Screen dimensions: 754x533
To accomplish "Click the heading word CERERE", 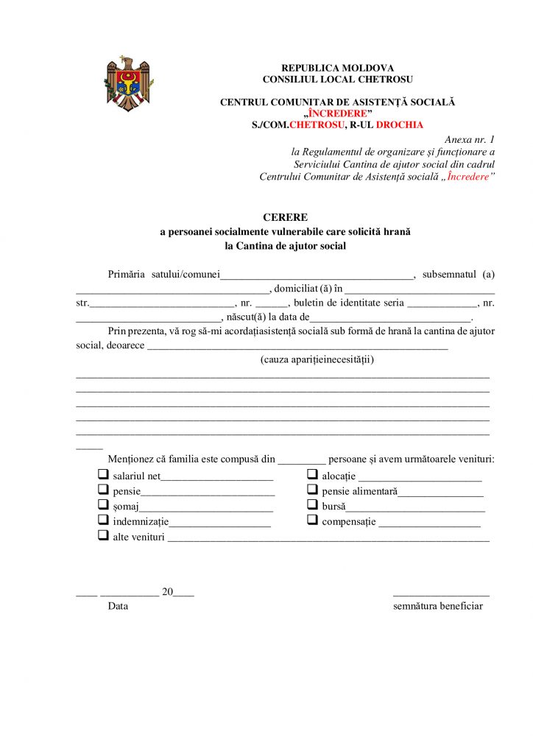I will click(x=285, y=217).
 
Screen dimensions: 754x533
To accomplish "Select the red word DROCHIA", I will click(x=399, y=125).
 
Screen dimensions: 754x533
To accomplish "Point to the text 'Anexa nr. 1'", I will click(x=470, y=139).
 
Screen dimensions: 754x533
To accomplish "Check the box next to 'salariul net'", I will click(x=103, y=475).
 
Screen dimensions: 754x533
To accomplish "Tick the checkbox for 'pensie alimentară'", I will click(x=312, y=490).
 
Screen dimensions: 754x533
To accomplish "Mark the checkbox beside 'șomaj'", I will click(x=103, y=505).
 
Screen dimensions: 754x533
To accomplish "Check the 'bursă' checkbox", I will click(x=312, y=505).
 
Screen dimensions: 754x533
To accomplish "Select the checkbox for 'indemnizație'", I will click(x=103, y=521).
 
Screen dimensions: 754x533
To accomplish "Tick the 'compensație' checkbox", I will click(x=312, y=521).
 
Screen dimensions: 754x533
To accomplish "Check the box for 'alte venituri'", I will click(x=103, y=536).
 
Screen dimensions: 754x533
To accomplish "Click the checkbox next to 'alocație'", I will click(x=312, y=475).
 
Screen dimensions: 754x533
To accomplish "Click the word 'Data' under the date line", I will click(x=118, y=606).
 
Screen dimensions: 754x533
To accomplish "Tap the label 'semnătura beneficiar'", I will click(x=438, y=606).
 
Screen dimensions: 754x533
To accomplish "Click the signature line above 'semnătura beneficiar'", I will click(x=441, y=594).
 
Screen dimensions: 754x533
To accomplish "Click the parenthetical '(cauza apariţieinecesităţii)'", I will click(x=317, y=359).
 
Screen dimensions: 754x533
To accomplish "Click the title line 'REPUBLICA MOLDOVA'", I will click(x=337, y=68).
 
